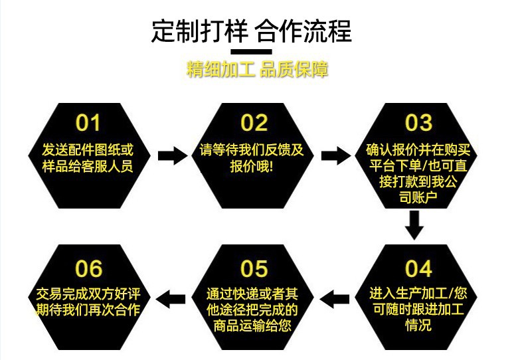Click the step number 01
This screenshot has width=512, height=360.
[88, 123]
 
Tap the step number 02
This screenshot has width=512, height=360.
[254, 123]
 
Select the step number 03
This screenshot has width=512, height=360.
[418, 123]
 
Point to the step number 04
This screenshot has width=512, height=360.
[418, 269]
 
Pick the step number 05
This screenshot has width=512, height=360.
[254, 269]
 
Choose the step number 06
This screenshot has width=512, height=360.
[88, 269]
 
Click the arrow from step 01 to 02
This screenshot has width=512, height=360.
[171, 156]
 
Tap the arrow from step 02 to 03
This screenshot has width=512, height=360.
[335, 156]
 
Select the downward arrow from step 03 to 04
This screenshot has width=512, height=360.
[415, 225]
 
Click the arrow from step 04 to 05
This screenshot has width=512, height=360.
[335, 299]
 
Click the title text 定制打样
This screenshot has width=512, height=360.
[199, 30]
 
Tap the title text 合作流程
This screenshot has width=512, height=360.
[303, 30]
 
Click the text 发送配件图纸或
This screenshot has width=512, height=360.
[87, 149]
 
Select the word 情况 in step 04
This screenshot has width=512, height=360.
[418, 325]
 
